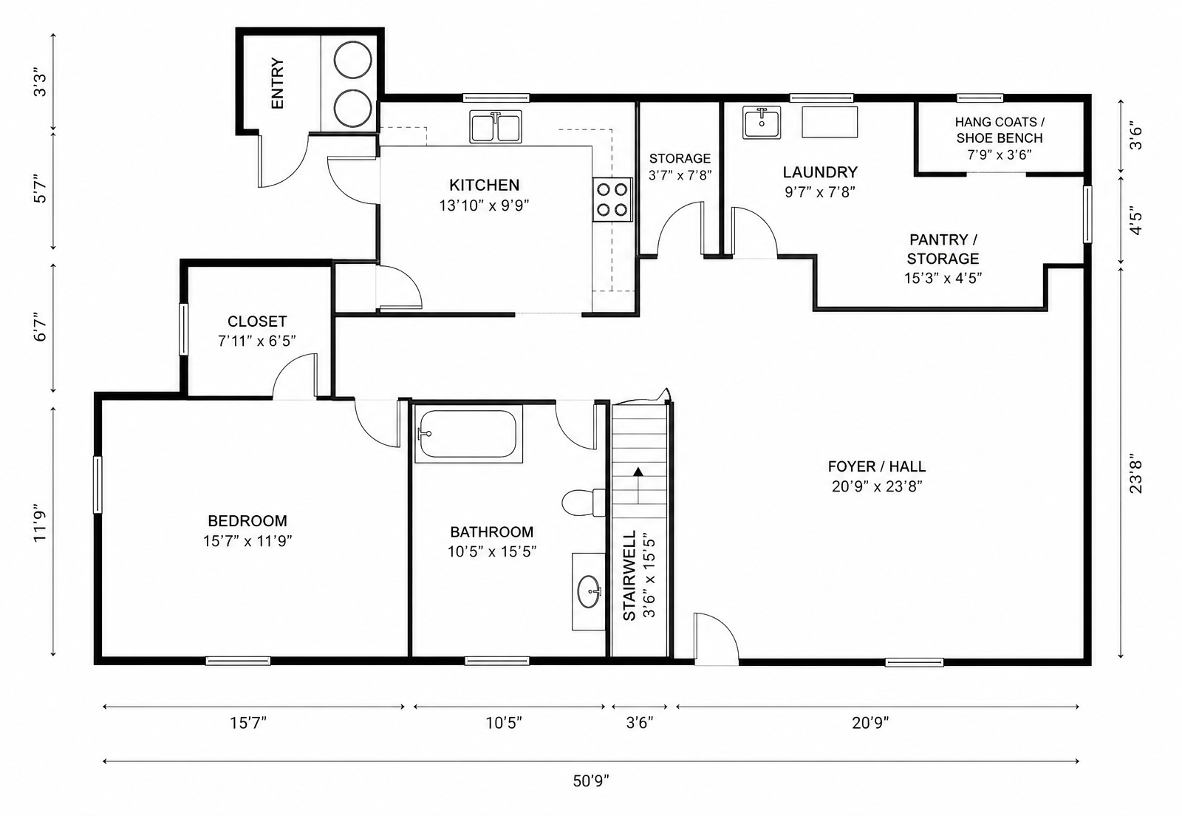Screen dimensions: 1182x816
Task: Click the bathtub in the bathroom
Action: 468,434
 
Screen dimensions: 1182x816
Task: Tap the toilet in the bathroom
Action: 583,503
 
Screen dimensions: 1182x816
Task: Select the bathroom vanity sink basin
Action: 589,592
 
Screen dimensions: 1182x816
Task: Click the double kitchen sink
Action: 496,126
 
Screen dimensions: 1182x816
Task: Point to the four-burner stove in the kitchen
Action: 612,200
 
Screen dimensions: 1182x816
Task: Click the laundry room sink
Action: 762,123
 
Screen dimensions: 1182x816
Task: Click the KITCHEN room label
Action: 485,186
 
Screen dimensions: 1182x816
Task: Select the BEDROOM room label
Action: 247,521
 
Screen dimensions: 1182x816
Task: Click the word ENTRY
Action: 278,84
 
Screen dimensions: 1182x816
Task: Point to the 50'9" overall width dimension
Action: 591,781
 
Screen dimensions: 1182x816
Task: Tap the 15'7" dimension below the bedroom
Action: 248,723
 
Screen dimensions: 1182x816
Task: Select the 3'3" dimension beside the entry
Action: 40,82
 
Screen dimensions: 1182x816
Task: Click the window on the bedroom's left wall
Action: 98,485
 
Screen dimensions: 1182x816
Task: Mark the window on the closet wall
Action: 184,330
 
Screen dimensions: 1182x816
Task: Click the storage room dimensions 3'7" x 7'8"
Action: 680,175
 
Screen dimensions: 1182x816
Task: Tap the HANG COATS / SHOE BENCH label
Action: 1000,130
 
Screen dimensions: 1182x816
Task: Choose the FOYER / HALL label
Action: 876,466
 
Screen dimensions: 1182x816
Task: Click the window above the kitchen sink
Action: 496,98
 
